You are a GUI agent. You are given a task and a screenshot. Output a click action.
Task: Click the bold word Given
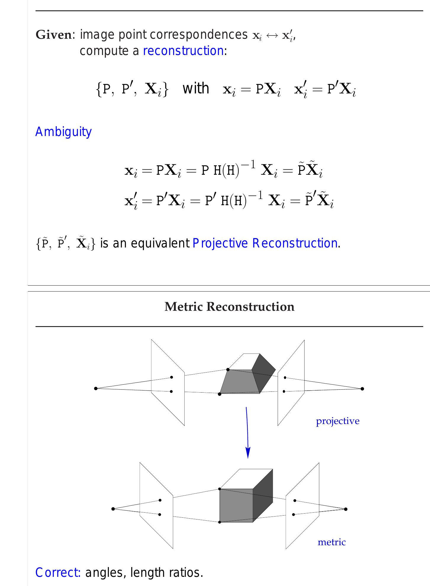[x=53, y=35]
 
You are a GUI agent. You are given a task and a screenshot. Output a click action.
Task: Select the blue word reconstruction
[x=183, y=51]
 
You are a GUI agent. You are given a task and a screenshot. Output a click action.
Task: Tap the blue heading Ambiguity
[x=63, y=132]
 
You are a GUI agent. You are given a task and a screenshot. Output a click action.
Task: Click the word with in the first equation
[x=196, y=88]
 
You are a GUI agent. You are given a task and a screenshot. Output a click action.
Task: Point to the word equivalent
[x=160, y=243]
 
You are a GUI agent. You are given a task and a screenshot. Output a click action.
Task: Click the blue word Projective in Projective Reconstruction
[x=220, y=243]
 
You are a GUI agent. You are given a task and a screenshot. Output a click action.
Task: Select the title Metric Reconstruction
[x=229, y=307]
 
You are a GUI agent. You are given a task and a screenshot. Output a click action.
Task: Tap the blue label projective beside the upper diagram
[x=338, y=421]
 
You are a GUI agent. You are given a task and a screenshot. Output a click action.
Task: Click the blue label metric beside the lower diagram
[x=331, y=542]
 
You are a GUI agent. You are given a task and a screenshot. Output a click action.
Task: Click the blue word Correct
[x=58, y=573]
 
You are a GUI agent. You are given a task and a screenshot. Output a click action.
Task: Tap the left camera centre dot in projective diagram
[x=96, y=388]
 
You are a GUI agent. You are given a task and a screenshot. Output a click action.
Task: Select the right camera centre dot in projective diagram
[x=362, y=388]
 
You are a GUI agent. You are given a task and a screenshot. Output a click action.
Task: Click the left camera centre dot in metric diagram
[x=113, y=509]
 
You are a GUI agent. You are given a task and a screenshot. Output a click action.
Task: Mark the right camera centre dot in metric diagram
[x=346, y=509]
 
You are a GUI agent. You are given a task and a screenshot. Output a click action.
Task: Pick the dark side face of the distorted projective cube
[x=263, y=373]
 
